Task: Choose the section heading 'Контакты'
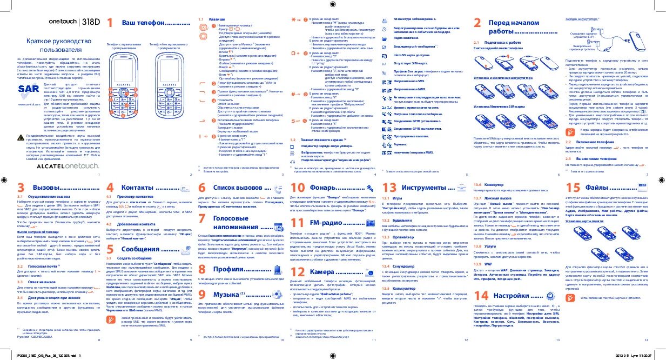pos(140,187)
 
